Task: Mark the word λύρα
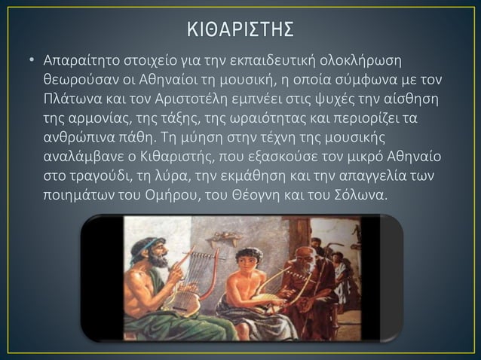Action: pyautogui.click(x=169, y=178)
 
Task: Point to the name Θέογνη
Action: pyautogui.click(x=290, y=197)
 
